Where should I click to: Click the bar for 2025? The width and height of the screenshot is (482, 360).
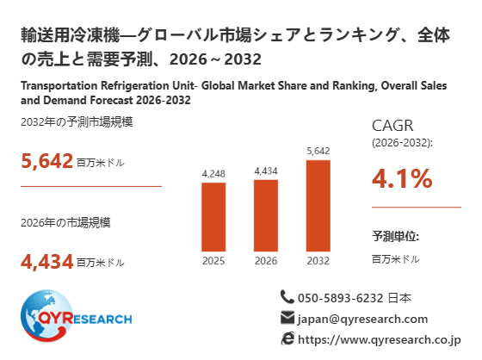[213, 217]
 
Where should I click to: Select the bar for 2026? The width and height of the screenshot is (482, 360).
[266, 215]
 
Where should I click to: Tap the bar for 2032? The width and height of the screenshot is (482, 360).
[318, 206]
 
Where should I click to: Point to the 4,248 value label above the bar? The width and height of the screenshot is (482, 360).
[213, 174]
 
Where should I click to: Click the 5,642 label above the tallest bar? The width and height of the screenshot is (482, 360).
[318, 151]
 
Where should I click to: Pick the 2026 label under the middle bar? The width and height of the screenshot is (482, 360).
[266, 261]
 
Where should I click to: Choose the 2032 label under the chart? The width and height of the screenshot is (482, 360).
[318, 261]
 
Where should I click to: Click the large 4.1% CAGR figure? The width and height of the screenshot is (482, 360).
[402, 178]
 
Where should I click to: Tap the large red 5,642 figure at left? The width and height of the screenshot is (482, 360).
[46, 161]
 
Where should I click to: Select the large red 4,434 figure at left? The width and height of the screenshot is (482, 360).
[46, 262]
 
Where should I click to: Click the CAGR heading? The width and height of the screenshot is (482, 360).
[392, 126]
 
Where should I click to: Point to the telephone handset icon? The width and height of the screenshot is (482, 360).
[287, 297]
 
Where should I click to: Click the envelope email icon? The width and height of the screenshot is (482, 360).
[287, 318]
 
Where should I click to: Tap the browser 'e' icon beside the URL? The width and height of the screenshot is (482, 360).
[287, 338]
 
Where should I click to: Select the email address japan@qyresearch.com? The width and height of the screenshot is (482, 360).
[362, 319]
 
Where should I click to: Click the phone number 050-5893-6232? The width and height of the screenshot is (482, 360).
[341, 298]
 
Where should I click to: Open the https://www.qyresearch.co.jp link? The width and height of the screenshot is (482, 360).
[380, 339]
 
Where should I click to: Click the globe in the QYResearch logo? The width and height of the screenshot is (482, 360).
[46, 316]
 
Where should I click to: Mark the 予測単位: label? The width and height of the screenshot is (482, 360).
[395, 236]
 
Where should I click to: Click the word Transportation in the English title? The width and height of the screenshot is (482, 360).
[59, 85]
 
